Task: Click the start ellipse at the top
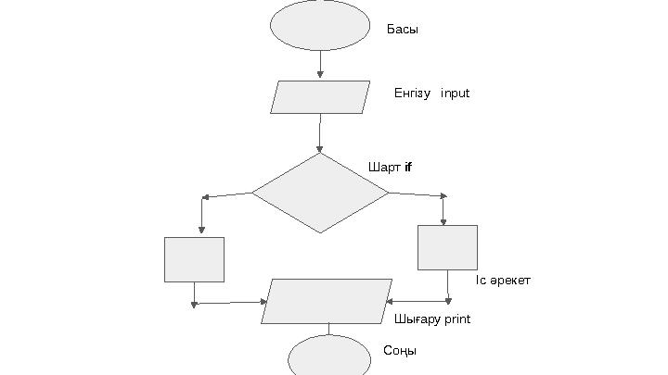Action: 320,25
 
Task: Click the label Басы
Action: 403,30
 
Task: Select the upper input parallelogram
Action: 320,97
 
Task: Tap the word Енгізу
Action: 412,94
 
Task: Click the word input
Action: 456,94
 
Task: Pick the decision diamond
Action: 320,193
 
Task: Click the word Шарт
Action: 384,168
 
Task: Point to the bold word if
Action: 408,168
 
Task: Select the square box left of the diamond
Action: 194,259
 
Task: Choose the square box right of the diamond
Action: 447,247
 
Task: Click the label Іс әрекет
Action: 503,281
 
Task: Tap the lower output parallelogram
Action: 327,301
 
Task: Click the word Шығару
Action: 416,319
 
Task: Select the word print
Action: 456,319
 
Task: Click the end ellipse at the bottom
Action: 329,357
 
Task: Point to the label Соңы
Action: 400,352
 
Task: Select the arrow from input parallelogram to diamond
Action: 320,133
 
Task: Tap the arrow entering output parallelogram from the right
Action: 417,301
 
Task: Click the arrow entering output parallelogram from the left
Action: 232,302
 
